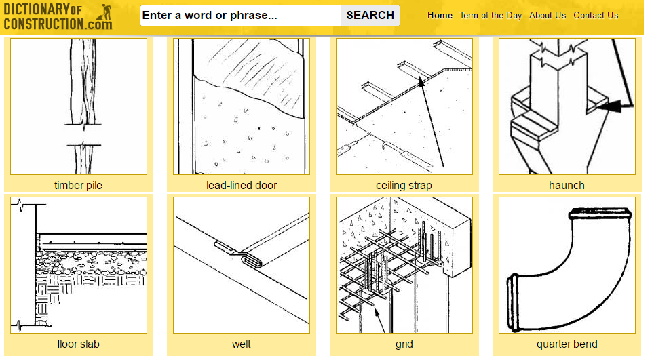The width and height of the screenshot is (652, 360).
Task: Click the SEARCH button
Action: pyautogui.click(x=370, y=16)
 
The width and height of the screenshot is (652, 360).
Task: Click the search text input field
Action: pyautogui.click(x=241, y=16)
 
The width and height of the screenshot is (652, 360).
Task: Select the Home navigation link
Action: pyautogui.click(x=440, y=16)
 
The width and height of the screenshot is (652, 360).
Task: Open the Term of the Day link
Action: pyautogui.click(x=491, y=16)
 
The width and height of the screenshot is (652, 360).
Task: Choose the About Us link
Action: pyautogui.click(x=548, y=16)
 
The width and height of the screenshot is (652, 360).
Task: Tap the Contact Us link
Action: pyautogui.click(x=596, y=16)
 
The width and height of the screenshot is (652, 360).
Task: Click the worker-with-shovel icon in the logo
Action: pyautogui.click(x=104, y=12)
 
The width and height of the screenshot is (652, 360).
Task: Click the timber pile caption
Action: pyautogui.click(x=78, y=185)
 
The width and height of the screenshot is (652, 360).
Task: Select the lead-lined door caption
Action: pyautogui.click(x=242, y=185)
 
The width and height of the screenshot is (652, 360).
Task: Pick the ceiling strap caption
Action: pyautogui.click(x=404, y=185)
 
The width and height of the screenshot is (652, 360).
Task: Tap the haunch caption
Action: pyautogui.click(x=567, y=185)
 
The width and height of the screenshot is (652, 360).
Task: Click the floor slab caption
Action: pyautogui.click(x=78, y=344)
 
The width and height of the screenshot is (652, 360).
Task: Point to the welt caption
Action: pyautogui.click(x=241, y=344)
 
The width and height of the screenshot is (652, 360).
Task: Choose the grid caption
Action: pyautogui.click(x=404, y=344)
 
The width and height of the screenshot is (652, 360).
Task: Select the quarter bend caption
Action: pyautogui.click(x=567, y=344)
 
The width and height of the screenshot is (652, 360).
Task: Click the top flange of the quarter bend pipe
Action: pyautogui.click(x=600, y=214)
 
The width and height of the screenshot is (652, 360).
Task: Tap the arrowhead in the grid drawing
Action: pyautogui.click(x=377, y=312)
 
